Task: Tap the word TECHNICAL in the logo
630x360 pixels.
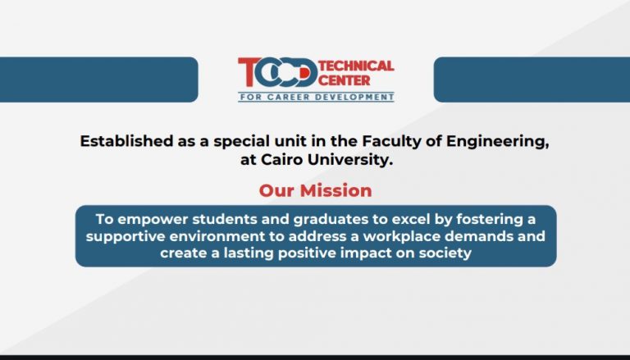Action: pyautogui.click(x=356, y=66)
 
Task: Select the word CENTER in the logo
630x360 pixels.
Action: pyautogui.click(x=344, y=80)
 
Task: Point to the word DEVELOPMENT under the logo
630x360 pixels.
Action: pyautogui.click(x=354, y=98)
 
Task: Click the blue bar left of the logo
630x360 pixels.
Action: pyautogui.click(x=98, y=80)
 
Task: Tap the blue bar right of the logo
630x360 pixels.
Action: pyautogui.click(x=532, y=80)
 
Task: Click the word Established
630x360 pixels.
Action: pyautogui.click(x=126, y=141)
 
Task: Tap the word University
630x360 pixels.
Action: pyautogui.click(x=349, y=160)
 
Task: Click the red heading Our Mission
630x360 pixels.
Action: pyautogui.click(x=315, y=190)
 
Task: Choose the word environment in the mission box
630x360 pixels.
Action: pyautogui.click(x=217, y=236)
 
